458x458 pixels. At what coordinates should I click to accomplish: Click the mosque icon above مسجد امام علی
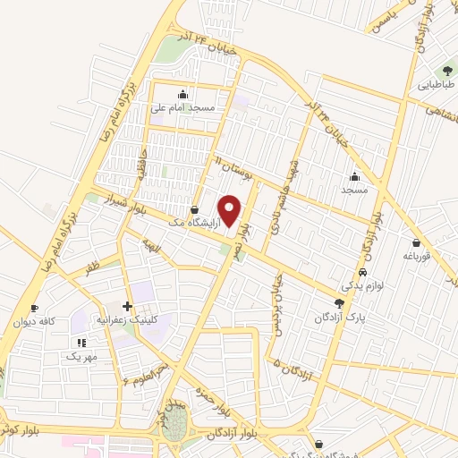(x=183, y=94)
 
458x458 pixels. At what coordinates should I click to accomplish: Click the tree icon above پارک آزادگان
(x=338, y=304)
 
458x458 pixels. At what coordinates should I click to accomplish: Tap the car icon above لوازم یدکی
(x=362, y=272)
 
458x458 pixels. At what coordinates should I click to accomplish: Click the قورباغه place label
(x=417, y=256)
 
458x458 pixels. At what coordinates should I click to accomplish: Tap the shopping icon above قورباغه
(x=417, y=242)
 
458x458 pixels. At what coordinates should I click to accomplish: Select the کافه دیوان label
(x=34, y=321)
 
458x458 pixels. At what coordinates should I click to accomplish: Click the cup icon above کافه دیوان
(x=34, y=308)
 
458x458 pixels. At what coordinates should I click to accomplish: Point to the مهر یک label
(x=81, y=355)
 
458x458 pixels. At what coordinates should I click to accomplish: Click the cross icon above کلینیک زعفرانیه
(x=127, y=307)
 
